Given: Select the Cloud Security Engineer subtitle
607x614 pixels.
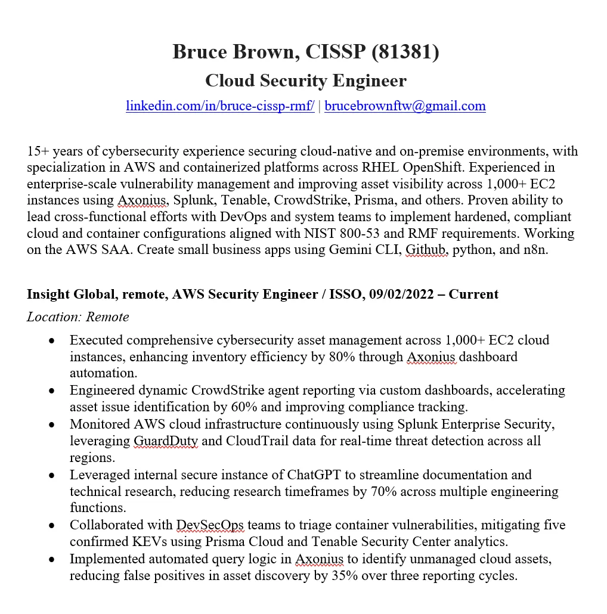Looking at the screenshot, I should (306, 80).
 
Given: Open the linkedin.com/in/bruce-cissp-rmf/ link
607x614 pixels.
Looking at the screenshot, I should (220, 106).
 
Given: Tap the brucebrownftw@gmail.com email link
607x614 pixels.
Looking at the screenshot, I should (405, 106).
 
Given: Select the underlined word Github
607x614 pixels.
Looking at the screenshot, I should (426, 250).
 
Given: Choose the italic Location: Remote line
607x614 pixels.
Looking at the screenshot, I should (78, 317).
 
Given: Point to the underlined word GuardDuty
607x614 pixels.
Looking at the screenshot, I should (166, 441).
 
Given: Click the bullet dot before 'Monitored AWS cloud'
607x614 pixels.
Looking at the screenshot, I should (52, 425).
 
